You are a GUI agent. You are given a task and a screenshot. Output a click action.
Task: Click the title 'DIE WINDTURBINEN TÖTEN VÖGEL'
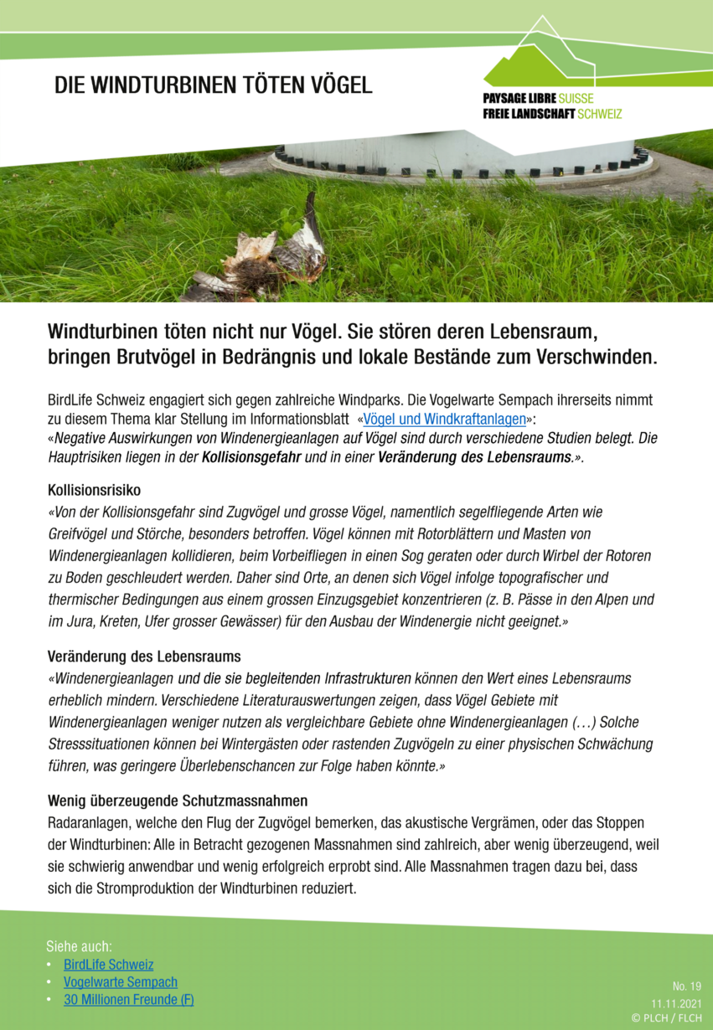[x=214, y=85]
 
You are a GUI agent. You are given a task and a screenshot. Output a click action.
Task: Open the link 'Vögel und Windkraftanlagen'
[x=444, y=419]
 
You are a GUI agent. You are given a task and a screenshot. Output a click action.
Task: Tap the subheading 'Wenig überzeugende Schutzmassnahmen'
[x=178, y=801]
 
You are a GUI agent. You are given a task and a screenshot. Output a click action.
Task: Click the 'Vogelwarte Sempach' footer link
[x=121, y=982]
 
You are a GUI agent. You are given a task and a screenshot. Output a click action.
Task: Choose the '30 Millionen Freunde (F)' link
[x=129, y=1000]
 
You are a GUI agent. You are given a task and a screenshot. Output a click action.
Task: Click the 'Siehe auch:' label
[x=79, y=946]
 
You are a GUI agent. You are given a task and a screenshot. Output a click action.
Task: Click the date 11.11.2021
[x=676, y=1002]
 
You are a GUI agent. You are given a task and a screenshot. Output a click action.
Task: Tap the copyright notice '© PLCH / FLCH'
[x=667, y=1017]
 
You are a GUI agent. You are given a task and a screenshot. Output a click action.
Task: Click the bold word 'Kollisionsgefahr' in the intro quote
[x=251, y=457]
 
